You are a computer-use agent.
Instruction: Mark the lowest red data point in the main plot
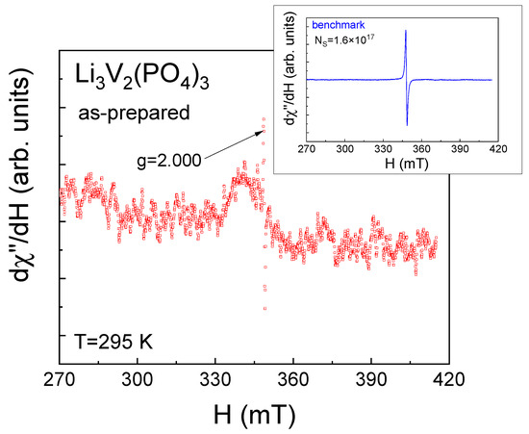[264, 309]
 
